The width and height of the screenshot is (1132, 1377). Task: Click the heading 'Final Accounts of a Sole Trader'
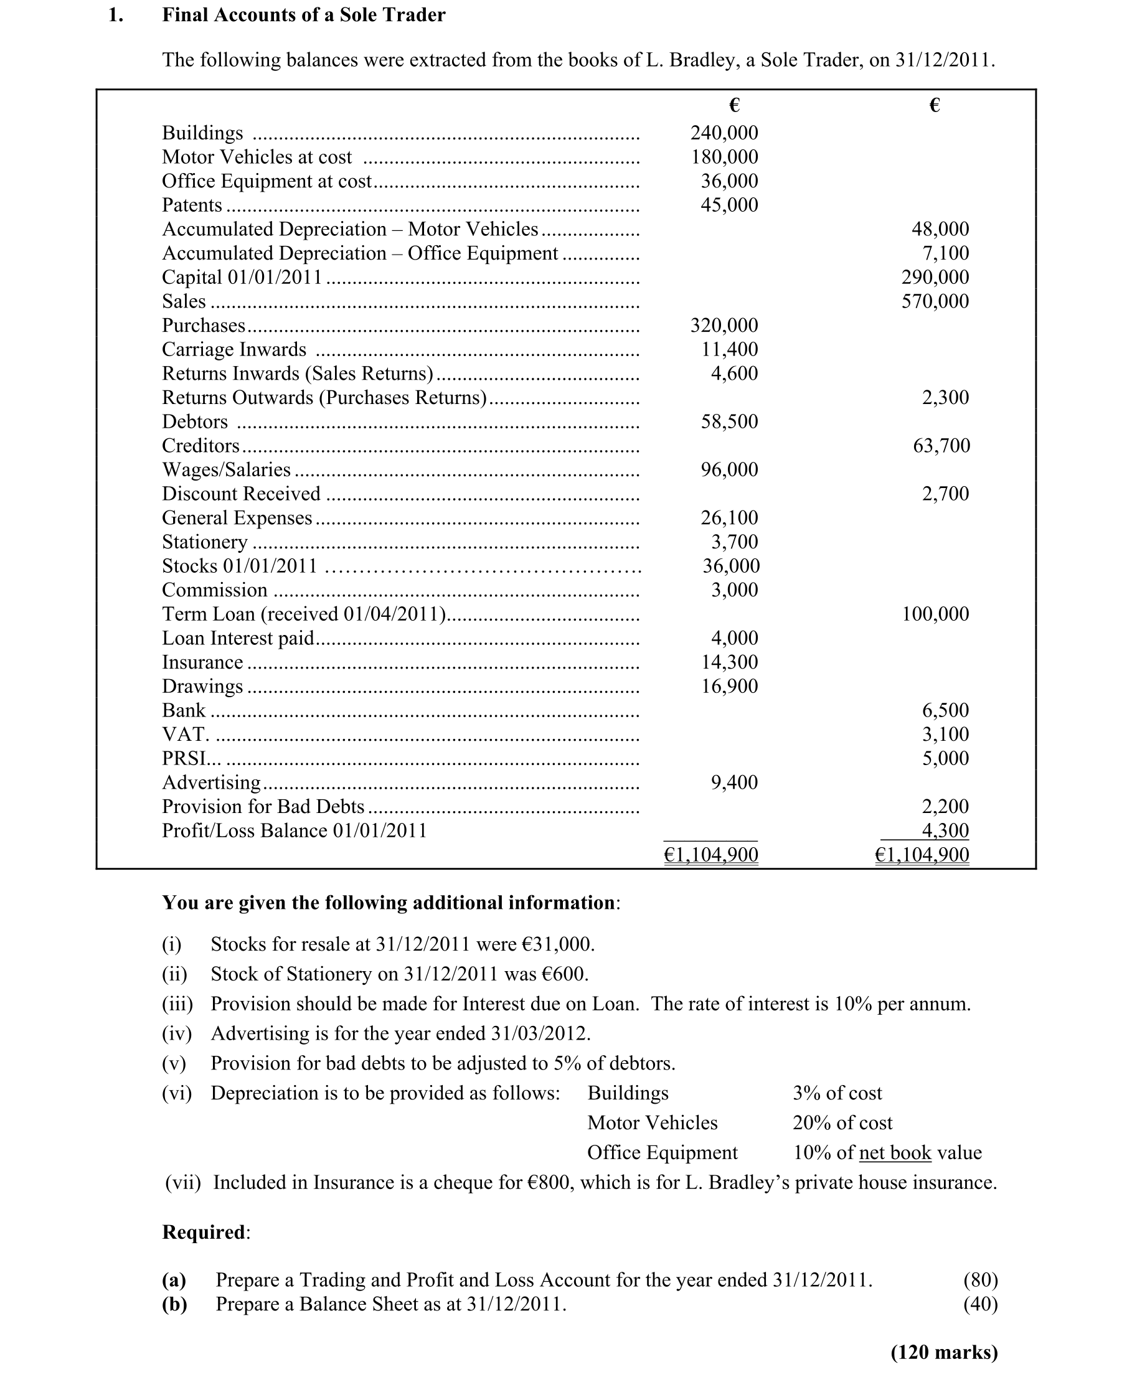click(303, 15)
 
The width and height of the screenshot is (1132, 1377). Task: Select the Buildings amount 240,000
click(724, 133)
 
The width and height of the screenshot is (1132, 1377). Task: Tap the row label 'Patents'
click(192, 205)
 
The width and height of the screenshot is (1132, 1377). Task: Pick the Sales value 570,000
click(935, 301)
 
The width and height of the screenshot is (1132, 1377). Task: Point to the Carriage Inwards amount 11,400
click(729, 349)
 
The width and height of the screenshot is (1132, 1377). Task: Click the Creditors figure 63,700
click(941, 446)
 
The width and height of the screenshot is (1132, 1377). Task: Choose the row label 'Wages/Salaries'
click(226, 470)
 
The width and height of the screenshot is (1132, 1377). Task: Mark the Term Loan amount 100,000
click(935, 614)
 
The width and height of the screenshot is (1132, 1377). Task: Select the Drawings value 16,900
click(729, 687)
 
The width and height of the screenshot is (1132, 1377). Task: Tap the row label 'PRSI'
click(183, 759)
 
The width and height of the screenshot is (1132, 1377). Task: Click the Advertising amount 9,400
click(734, 782)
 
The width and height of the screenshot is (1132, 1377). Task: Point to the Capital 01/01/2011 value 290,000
click(935, 278)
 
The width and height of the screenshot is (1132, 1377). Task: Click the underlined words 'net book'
click(895, 1153)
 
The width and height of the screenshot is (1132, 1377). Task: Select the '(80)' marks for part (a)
click(980, 1280)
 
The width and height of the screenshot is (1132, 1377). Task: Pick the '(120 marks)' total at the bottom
click(944, 1352)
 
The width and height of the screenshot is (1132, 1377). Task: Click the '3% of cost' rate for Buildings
click(837, 1093)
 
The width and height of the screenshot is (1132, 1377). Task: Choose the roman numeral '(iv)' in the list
click(177, 1033)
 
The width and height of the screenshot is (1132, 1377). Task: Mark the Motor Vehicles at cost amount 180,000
click(724, 157)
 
